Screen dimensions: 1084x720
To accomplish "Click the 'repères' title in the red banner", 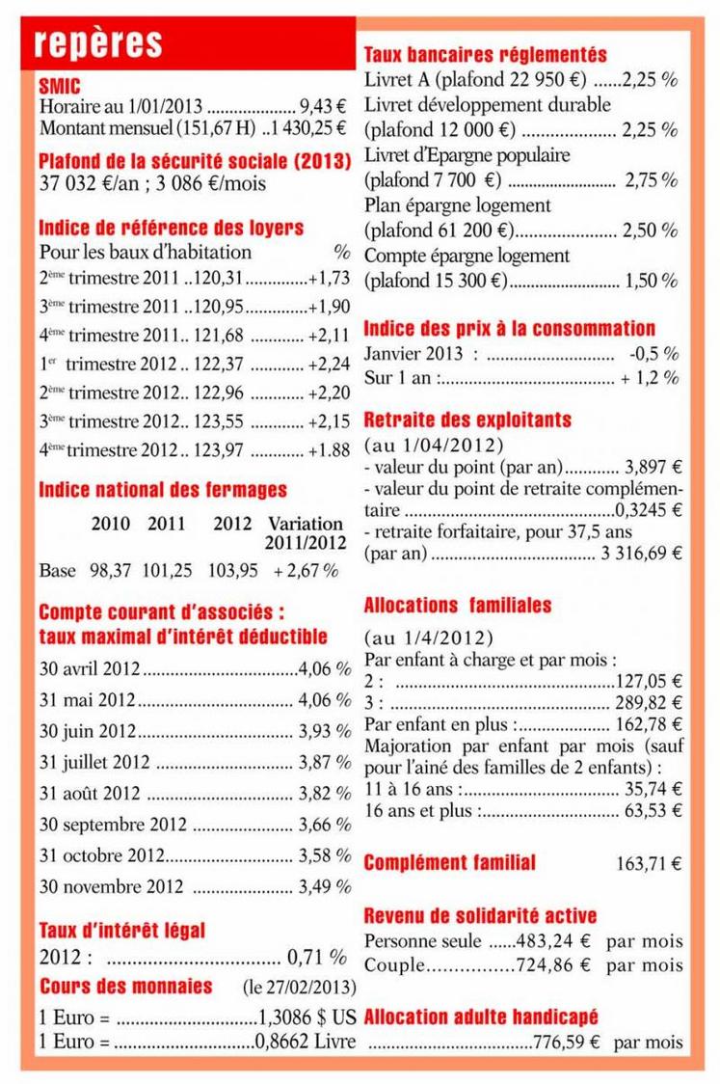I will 96,44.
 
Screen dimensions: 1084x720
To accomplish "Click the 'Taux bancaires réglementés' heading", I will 485,55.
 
